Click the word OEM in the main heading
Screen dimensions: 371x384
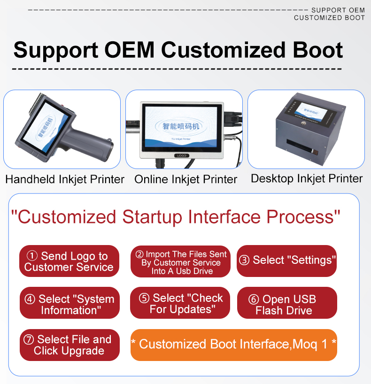pos(130,50)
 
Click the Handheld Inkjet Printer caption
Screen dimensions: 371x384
pos(65,179)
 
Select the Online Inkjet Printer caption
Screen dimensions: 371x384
pos(185,179)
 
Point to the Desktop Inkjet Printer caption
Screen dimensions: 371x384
pos(307,179)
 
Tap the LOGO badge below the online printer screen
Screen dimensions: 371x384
pos(182,155)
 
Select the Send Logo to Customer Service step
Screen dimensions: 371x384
pos(69,261)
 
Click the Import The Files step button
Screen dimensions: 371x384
pos(180,261)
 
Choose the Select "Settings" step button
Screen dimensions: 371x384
pos(287,261)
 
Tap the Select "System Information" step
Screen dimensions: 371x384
pos(70,303)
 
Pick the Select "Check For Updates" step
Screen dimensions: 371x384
pos(180,303)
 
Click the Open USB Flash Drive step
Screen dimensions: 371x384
pos(287,303)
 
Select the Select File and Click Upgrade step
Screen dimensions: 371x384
pos(70,345)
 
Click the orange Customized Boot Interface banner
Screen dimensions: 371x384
pos(234,345)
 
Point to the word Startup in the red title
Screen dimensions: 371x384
pos(152,217)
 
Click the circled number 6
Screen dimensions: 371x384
pos(254,299)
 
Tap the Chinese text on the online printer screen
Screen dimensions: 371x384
pos(181,126)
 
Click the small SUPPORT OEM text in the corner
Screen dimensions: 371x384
pos(338,10)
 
